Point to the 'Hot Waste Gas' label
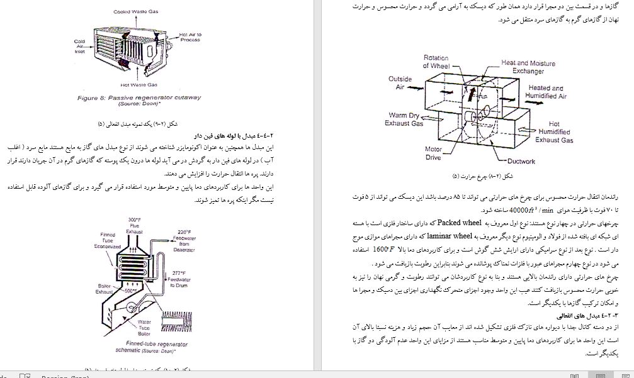139,84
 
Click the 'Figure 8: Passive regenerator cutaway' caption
139,98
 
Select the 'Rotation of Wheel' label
436,62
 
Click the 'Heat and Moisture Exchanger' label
528,67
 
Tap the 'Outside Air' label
400,83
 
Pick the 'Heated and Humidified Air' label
546,92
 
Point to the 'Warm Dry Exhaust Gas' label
405,120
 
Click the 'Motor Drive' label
433,153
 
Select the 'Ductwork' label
520,161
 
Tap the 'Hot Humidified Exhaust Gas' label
554,132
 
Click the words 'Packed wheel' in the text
460,222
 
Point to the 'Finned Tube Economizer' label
108,240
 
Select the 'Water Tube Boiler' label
144,327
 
